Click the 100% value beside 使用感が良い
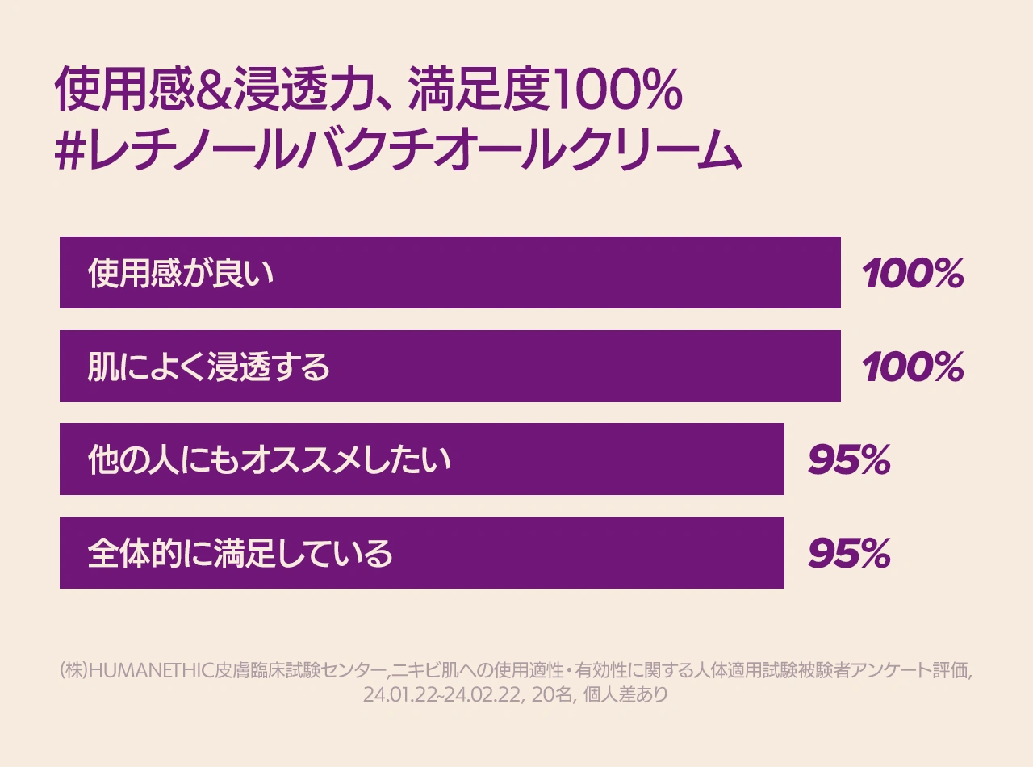(x=913, y=275)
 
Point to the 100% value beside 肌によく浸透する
(x=913, y=368)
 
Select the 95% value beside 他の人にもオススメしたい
(x=849, y=460)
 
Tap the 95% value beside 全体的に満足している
(x=849, y=554)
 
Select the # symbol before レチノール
(x=71, y=151)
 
